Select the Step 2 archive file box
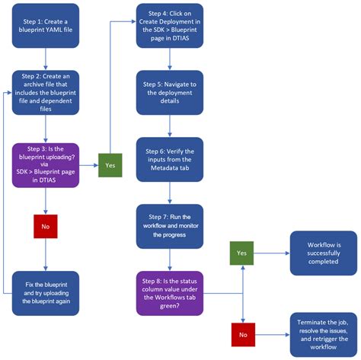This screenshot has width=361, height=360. pyautogui.click(x=46, y=92)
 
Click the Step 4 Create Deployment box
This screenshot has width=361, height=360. pyautogui.click(x=168, y=24)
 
